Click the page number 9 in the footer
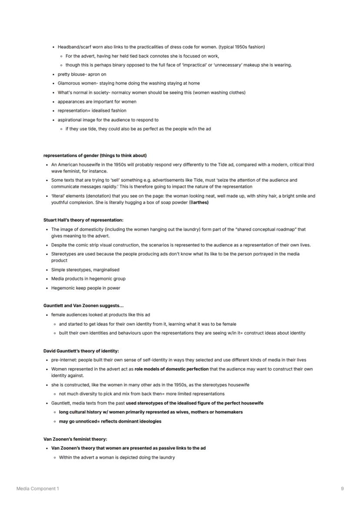pyautogui.click(x=342, y=488)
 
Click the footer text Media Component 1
pyautogui.click(x=37, y=488)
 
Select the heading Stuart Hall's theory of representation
pyautogui.click(x=83, y=220)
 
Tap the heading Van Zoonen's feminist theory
pyautogui.click(x=75, y=439)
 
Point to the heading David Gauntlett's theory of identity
pyautogui.click(x=81, y=351)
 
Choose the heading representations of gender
pyautogui.click(x=95, y=155)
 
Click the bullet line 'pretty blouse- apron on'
pyautogui.click(x=82, y=74)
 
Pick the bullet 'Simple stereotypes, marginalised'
pyautogui.click(x=85, y=269)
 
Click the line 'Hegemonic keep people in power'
pyautogui.click(x=86, y=288)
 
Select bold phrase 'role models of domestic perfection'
pyautogui.click(x=172, y=369)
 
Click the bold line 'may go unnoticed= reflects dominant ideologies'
pyautogui.click(x=110, y=421)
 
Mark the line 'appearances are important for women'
pyautogui.click(x=97, y=102)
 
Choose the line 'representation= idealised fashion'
pyautogui.click(x=92, y=110)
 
